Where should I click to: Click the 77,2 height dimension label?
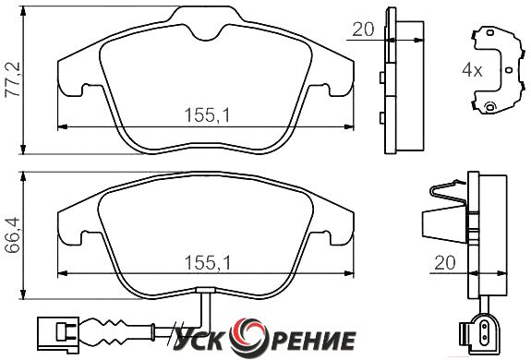tap(13, 80)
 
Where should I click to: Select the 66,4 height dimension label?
tap(13, 234)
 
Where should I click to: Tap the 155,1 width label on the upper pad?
tap(207, 115)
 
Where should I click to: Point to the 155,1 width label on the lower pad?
tap(207, 262)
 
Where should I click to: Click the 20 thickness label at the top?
tap(363, 30)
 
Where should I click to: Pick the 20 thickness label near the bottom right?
tap(445, 262)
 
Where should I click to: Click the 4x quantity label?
tap(472, 70)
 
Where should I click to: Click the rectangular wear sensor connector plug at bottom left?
tap(58, 333)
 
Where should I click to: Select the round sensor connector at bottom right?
tap(480, 330)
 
